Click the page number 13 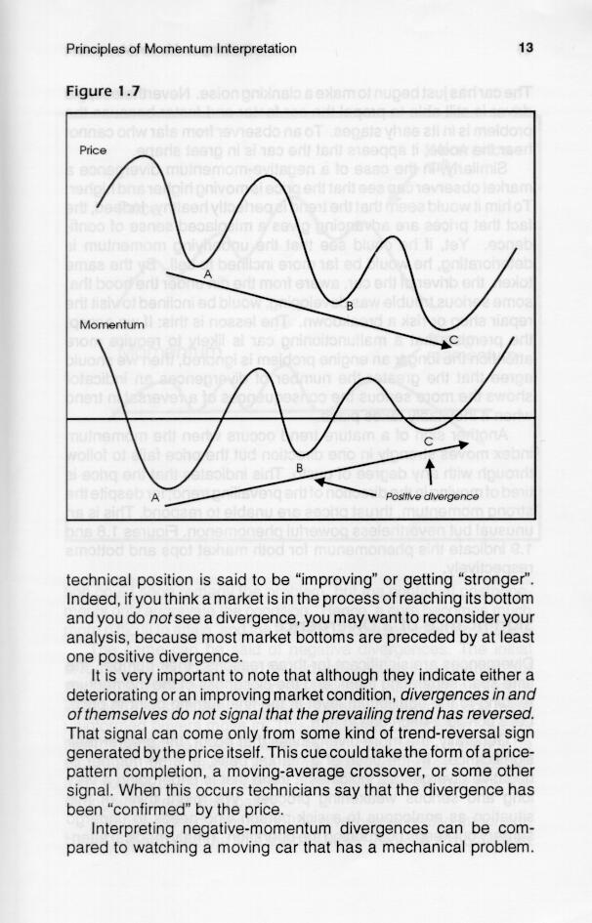pyautogui.click(x=525, y=48)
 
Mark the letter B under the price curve pyautogui.click(x=350, y=307)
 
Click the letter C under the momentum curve pyautogui.click(x=429, y=442)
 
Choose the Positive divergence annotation pyautogui.click(x=431, y=497)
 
